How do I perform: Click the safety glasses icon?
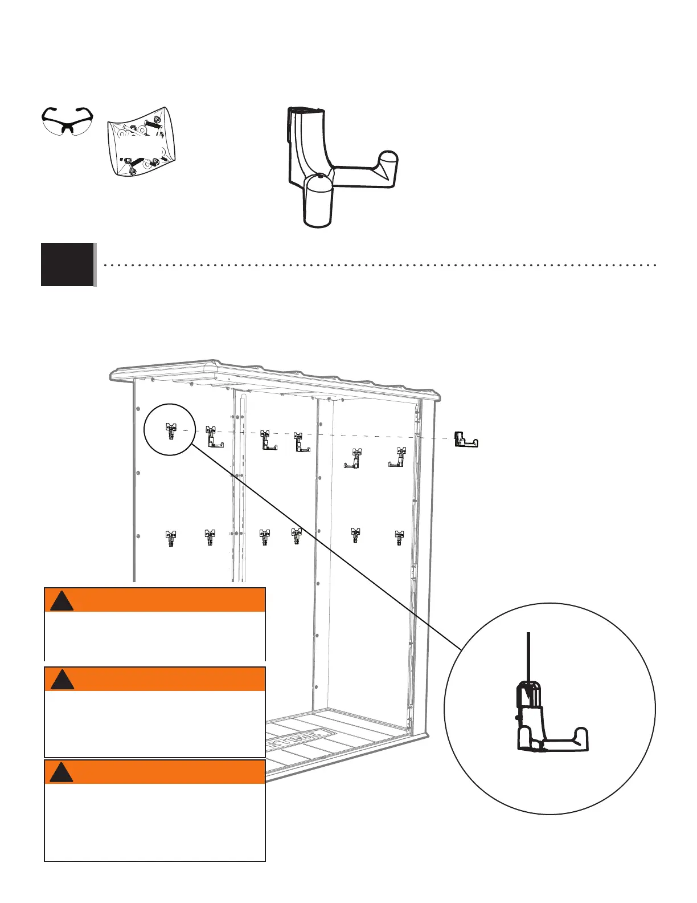67,121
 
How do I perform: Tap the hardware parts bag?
141,141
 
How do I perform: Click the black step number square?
67,264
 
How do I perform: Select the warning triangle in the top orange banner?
61,602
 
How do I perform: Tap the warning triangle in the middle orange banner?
61,680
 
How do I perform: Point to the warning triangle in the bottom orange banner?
61,772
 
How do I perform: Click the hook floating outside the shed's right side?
465,440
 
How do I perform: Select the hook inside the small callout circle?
170,431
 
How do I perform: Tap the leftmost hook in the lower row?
170,538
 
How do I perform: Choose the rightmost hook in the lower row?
399,537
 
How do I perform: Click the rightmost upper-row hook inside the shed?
397,458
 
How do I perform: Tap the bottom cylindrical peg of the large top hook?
318,205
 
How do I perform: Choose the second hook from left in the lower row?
210,537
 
